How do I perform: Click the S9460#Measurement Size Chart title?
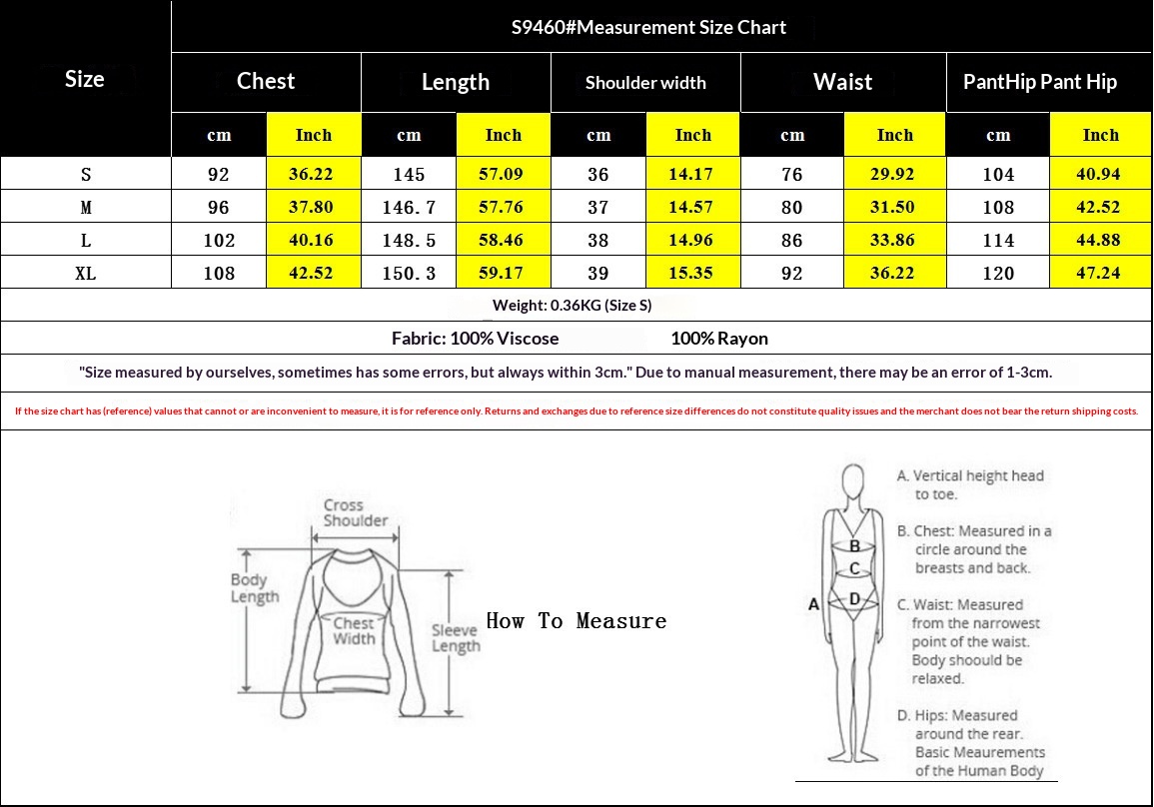648,27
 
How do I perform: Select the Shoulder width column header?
645,82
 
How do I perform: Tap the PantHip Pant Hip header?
1040,82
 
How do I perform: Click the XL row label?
85,273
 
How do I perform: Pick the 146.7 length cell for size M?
409,208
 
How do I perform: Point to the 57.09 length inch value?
501,175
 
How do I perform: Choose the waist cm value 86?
792,241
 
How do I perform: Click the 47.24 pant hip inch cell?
1098,273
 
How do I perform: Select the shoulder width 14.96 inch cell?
690,241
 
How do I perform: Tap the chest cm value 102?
219,241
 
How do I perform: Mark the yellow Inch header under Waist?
894,135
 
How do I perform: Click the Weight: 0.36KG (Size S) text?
572,306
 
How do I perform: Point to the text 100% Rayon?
719,339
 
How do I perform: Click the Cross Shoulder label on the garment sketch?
355,512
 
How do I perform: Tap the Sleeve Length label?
456,638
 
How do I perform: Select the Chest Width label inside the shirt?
354,631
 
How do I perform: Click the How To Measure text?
577,621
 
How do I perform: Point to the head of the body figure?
853,480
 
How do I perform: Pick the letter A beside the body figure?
813,604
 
